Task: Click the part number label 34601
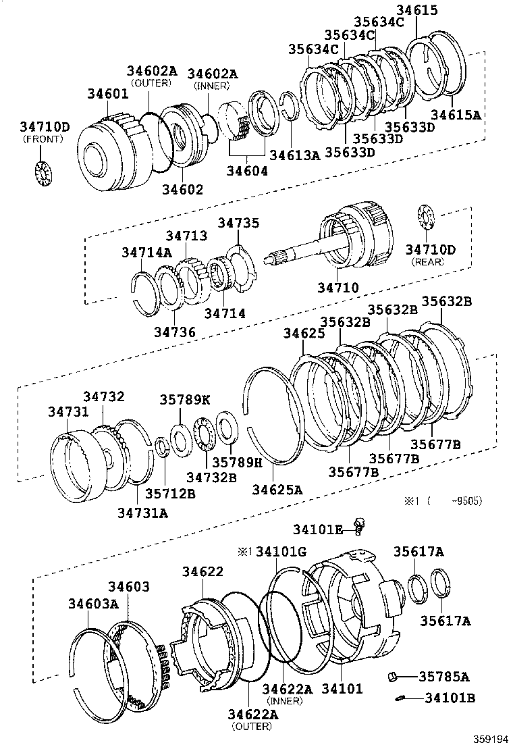click(107, 94)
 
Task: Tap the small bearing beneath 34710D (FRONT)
click(43, 172)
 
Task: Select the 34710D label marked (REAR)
click(430, 251)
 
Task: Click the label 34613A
click(294, 155)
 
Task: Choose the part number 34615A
click(456, 115)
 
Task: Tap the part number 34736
click(174, 332)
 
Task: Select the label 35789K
click(184, 399)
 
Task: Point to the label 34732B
click(211, 477)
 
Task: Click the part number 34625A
click(277, 489)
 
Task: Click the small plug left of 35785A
click(394, 676)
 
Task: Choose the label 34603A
click(93, 603)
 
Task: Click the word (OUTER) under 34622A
click(251, 726)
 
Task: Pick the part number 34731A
click(142, 513)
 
